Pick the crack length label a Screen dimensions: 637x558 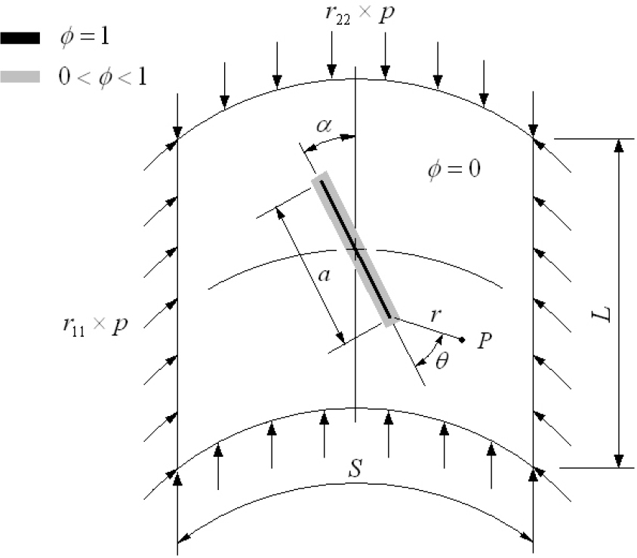[325, 276]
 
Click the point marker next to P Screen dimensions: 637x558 [462, 338]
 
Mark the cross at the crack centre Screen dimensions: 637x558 [355, 248]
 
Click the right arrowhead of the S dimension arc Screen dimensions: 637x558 [528, 537]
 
